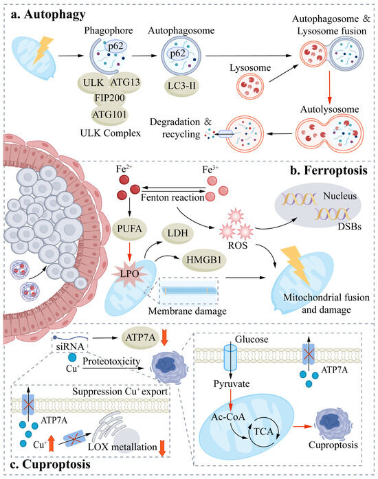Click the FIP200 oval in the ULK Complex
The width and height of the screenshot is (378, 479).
click(x=109, y=98)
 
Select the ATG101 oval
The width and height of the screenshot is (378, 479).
click(x=109, y=115)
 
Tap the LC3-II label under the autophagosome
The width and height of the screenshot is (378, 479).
click(x=181, y=85)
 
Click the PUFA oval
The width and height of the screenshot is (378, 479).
click(x=130, y=228)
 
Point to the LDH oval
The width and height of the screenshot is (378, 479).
click(x=177, y=234)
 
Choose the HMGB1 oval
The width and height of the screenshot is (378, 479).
click(x=204, y=260)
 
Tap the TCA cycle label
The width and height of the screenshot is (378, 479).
click(x=263, y=432)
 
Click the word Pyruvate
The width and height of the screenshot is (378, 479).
click(x=232, y=383)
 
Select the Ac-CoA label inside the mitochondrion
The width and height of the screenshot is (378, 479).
click(x=228, y=416)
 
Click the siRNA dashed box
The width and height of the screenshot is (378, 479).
click(x=70, y=342)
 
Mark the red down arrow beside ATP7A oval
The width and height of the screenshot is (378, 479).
click(x=164, y=337)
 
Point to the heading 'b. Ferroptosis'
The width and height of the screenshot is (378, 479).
click(x=329, y=170)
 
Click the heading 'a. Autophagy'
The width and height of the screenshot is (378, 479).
click(x=48, y=14)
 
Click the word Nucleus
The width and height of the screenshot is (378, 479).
click(x=340, y=196)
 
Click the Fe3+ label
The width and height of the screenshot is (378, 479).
click(x=210, y=169)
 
